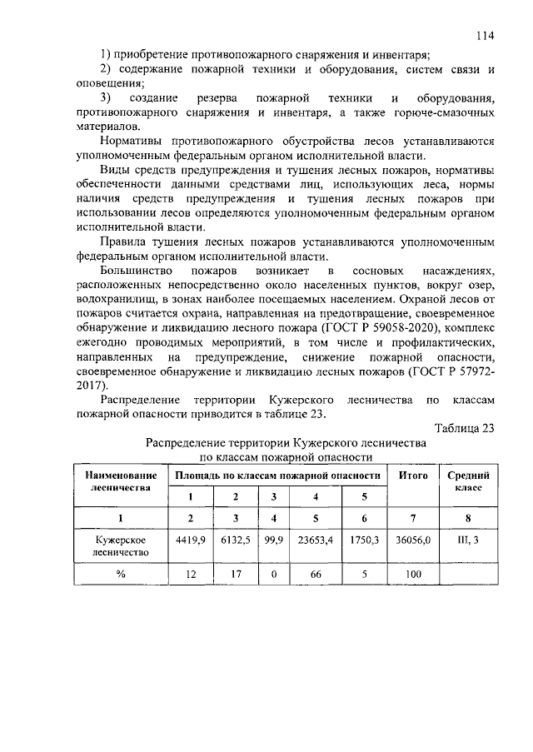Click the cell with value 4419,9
[x=190, y=540]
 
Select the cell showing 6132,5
[x=236, y=540]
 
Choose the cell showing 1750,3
[x=364, y=540]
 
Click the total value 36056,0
[x=414, y=540]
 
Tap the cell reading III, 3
[x=467, y=540]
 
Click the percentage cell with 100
[x=414, y=575]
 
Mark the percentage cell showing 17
[x=236, y=575]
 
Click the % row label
[x=121, y=575]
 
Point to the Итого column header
[x=414, y=475]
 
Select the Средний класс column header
[x=467, y=481]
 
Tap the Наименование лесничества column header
[x=121, y=481]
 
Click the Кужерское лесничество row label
[x=121, y=545]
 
